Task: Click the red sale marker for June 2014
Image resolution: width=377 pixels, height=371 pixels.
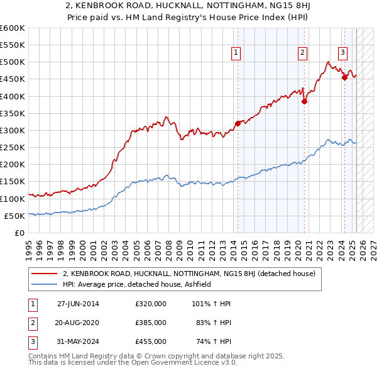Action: click(x=238, y=124)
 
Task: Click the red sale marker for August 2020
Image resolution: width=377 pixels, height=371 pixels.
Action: click(x=304, y=101)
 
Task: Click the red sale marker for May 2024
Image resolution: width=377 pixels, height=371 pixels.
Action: click(x=344, y=77)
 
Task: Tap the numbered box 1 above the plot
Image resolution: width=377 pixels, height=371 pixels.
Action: click(x=236, y=53)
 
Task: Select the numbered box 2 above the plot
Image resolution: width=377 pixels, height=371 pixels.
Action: click(x=303, y=53)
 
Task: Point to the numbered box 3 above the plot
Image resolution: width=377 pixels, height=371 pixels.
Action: click(x=343, y=53)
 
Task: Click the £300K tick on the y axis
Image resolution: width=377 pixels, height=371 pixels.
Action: click(x=13, y=131)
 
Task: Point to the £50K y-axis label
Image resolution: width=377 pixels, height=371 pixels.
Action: click(x=14, y=216)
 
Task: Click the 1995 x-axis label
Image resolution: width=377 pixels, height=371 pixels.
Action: click(x=28, y=245)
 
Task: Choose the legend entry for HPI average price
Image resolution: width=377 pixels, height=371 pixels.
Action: click(x=136, y=284)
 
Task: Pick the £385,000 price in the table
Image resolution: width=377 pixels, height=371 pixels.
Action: click(x=151, y=323)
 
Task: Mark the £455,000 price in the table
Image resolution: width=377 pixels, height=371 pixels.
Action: click(x=151, y=341)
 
